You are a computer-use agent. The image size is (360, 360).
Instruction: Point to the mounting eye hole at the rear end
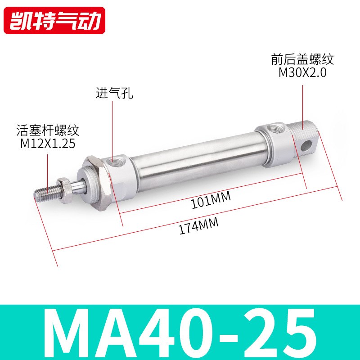click(307, 145)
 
